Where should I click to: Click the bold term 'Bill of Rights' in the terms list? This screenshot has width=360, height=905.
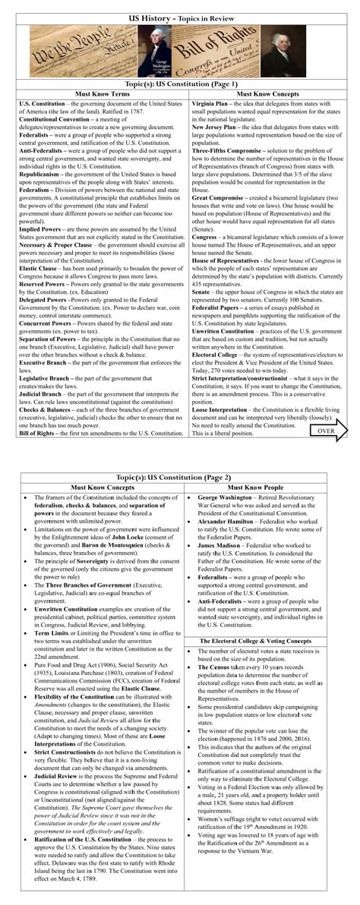[x=38, y=433]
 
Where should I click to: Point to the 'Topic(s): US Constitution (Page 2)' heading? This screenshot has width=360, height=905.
[x=180, y=476]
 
